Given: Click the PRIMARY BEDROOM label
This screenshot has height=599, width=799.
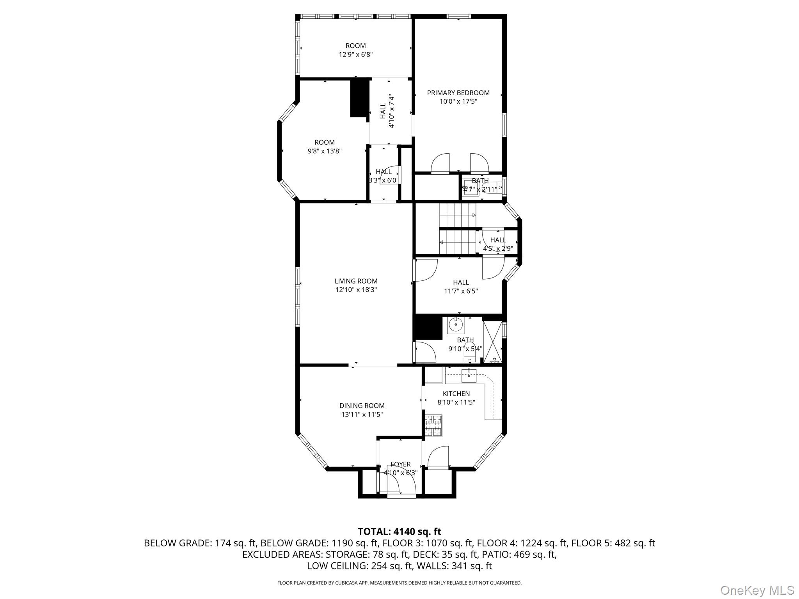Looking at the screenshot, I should click(458, 93).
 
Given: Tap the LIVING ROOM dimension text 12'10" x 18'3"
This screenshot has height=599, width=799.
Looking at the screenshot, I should click(356, 290).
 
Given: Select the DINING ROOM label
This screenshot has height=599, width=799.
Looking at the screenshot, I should click(362, 406).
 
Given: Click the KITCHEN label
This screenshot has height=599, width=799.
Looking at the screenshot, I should click(456, 394).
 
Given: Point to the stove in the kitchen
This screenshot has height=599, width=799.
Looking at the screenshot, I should click(433, 425).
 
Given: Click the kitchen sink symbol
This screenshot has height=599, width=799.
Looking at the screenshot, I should click(469, 376).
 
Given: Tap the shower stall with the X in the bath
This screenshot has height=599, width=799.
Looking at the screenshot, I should click(492, 342).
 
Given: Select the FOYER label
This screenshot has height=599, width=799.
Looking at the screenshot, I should click(400, 464).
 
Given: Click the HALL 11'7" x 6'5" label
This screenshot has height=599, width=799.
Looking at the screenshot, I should click(461, 282).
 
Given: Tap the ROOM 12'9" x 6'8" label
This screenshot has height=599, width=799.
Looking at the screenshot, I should click(355, 46).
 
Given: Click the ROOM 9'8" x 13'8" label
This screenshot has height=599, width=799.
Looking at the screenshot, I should click(325, 142).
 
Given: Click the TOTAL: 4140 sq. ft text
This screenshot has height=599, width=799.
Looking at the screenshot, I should click(399, 532).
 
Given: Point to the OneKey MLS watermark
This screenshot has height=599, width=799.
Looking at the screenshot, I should click(757, 590).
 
